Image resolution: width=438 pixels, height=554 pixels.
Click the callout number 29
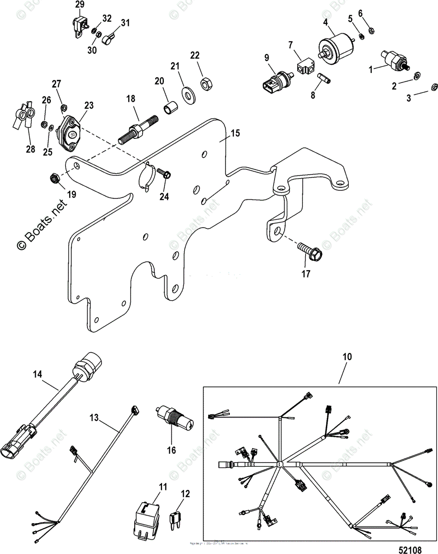click(x=80, y=5)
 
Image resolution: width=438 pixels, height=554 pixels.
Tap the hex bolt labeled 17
click(x=311, y=251)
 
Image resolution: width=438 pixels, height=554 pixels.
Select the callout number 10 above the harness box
click(x=347, y=357)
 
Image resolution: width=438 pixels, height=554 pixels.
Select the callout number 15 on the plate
click(x=236, y=133)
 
